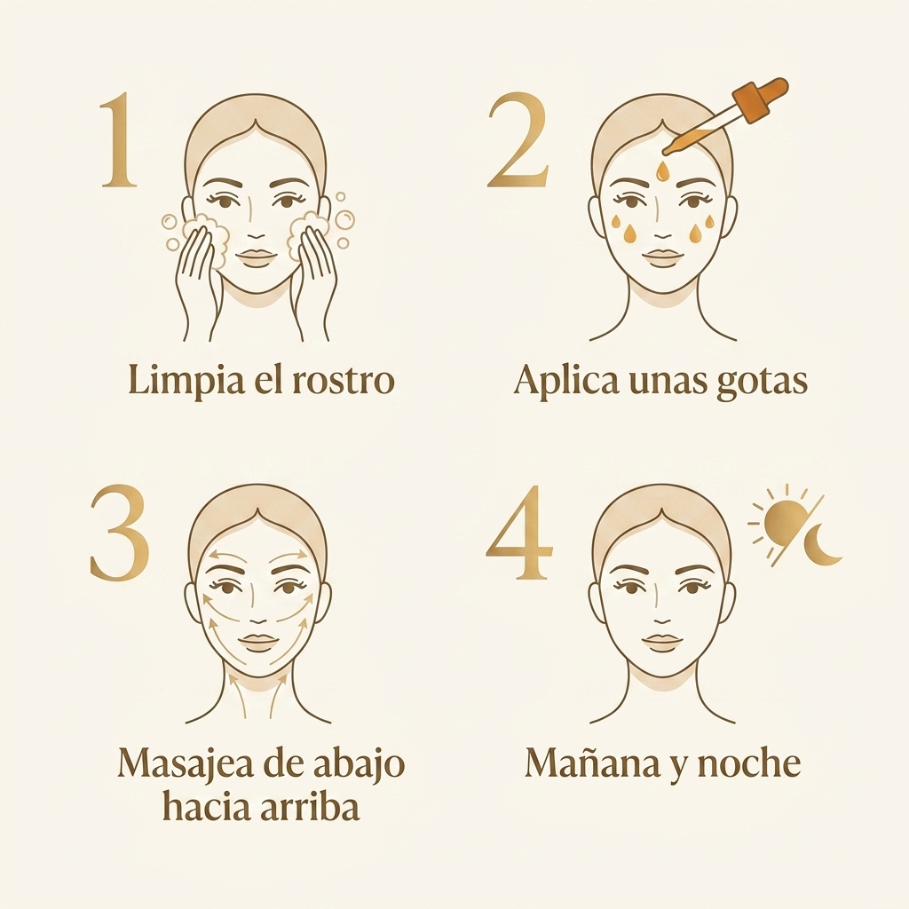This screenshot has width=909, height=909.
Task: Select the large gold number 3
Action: click(x=121, y=532)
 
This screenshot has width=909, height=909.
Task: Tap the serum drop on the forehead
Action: click(x=662, y=171)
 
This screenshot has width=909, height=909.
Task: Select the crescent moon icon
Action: click(x=824, y=542)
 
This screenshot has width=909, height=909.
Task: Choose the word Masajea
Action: click(x=186, y=764)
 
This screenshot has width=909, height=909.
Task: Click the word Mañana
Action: click(x=592, y=763)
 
